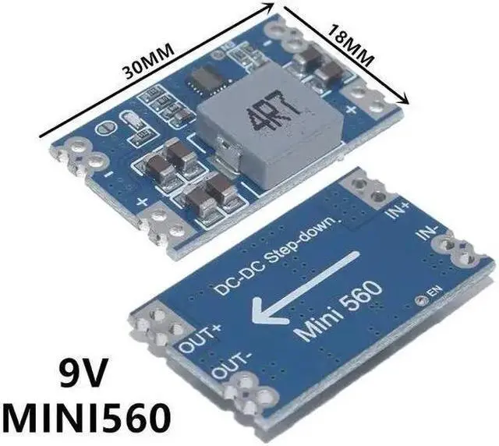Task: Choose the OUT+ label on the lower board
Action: coord(202,338)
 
